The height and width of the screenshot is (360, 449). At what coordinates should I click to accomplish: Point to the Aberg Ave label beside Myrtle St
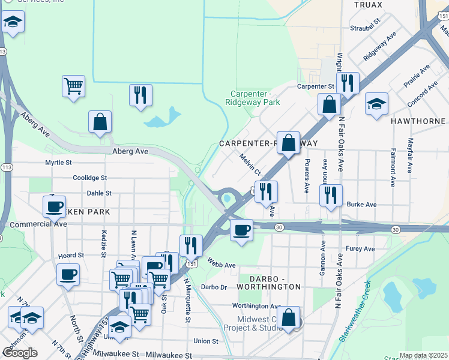[130, 152]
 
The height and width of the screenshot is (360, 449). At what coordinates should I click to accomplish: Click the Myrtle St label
[58, 163]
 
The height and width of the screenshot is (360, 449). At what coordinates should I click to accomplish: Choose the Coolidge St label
[90, 178]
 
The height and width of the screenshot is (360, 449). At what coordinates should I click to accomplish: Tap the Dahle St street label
[99, 193]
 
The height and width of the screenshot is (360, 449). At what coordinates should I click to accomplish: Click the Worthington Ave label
[257, 306]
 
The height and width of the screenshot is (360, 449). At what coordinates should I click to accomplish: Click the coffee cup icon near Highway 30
[241, 229]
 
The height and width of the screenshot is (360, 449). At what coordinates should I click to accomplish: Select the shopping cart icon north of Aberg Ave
[73, 86]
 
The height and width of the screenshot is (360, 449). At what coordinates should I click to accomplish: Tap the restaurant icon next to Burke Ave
[330, 195]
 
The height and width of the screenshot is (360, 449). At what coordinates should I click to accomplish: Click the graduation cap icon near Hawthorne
[376, 103]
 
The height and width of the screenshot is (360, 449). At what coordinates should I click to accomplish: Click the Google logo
[20, 353]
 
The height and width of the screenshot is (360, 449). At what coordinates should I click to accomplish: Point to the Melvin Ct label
[249, 164]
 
